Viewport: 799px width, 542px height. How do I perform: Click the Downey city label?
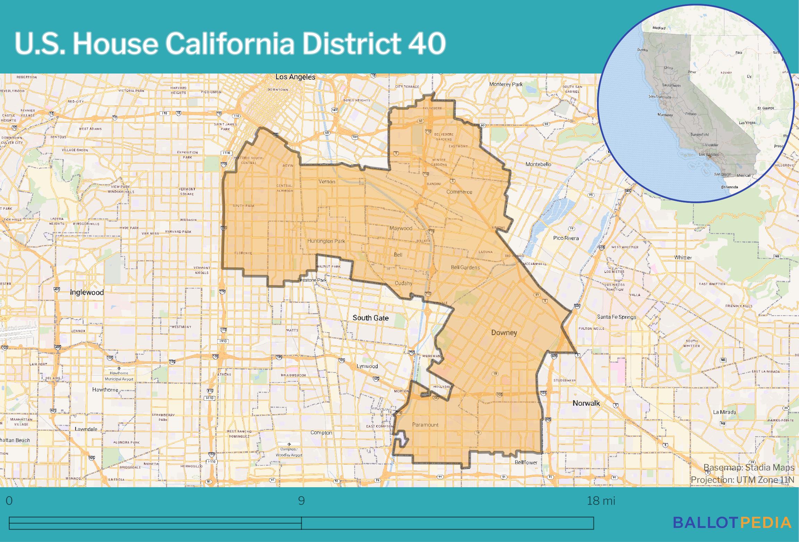click(x=504, y=333)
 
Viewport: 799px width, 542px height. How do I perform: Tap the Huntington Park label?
click(x=326, y=241)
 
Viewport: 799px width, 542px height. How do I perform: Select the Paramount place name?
click(x=425, y=425)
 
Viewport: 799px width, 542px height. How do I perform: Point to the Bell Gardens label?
click(x=465, y=267)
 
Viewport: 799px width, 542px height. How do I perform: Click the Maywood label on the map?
click(x=401, y=228)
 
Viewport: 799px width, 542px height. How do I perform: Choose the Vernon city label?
click(x=327, y=181)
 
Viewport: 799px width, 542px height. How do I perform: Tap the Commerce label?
click(x=459, y=192)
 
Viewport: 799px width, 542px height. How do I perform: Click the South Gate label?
click(x=370, y=318)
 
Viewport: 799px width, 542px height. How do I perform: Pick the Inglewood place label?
click(x=87, y=292)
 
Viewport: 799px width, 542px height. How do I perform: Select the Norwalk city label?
click(x=586, y=403)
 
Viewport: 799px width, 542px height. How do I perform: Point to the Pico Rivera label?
click(x=566, y=238)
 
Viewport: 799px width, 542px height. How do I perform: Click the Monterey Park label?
click(x=506, y=84)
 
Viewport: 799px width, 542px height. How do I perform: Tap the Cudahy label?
click(x=403, y=283)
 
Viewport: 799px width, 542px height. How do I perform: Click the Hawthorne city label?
click(x=105, y=390)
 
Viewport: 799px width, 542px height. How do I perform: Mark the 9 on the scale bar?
click(x=301, y=501)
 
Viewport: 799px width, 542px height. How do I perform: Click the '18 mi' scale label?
click(x=601, y=501)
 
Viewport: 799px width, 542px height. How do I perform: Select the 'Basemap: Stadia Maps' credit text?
click(x=749, y=468)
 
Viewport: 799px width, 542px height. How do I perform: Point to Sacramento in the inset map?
click(x=671, y=85)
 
